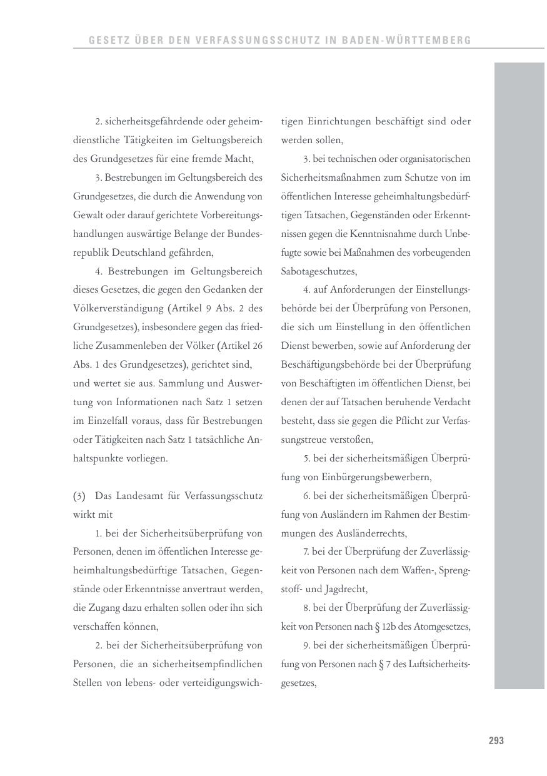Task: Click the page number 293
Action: coord(496,741)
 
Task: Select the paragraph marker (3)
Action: coord(79,496)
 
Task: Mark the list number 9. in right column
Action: coord(307,646)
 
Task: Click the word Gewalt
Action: coord(87,216)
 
